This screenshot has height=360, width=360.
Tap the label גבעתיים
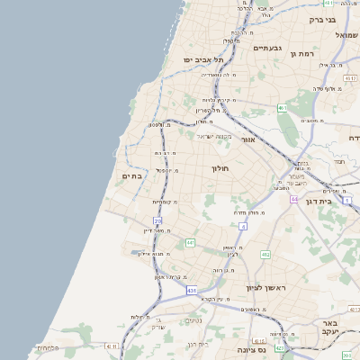click(268, 48)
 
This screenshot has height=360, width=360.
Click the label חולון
click(220, 168)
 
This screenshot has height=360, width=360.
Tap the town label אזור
click(248, 140)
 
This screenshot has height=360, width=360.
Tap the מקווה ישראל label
click(214, 136)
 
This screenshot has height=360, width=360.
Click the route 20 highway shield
click(158, 220)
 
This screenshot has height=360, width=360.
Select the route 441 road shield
click(190, 243)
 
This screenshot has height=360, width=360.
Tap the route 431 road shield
click(192, 291)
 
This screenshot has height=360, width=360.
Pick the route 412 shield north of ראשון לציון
click(265, 255)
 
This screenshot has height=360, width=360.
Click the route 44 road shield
click(293, 199)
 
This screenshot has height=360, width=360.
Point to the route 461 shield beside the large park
click(282, 108)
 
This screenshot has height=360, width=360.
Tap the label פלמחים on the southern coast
click(48, 347)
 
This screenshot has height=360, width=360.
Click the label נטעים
click(193, 320)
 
